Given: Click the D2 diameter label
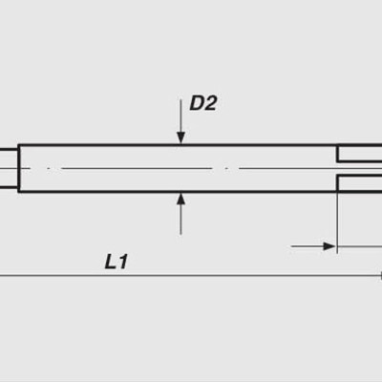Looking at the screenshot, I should [202, 103].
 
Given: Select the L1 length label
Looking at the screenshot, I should [116, 261].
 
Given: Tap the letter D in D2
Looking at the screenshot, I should [197, 103].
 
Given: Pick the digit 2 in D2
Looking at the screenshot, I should [210, 103].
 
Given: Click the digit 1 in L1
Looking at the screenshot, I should [122, 261].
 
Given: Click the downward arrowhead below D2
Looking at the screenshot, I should [180, 138].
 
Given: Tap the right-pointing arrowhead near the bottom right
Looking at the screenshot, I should [329, 246].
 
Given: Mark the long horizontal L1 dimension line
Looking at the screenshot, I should [191, 277].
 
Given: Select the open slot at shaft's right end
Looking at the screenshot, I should [361, 169].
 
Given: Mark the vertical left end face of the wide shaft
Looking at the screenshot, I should [18, 168].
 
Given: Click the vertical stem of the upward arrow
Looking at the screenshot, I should [180, 220].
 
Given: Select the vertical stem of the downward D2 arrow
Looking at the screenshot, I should [180, 119].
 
